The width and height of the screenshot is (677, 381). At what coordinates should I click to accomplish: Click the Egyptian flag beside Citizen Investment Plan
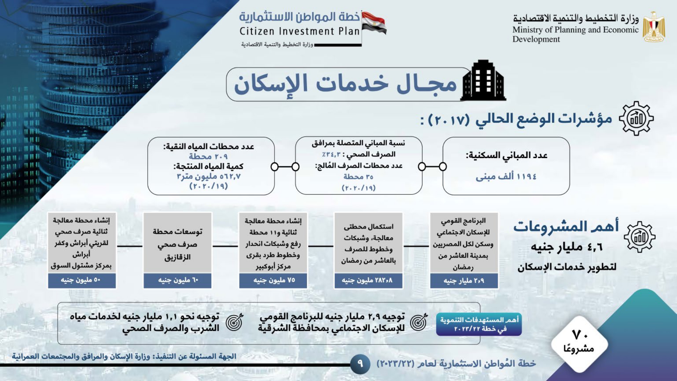pyautogui.click(x=374, y=23)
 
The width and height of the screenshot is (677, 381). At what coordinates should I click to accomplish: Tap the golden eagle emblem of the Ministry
pyautogui.click(x=654, y=27)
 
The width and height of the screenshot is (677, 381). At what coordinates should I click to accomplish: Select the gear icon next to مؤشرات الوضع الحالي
pyautogui.click(x=636, y=119)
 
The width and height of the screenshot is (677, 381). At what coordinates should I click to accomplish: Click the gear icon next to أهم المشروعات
pyautogui.click(x=639, y=237)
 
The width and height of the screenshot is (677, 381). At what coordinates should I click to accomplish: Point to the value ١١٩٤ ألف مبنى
pyautogui.click(x=506, y=176)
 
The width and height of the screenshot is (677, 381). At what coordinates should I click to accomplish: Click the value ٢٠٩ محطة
pyautogui.click(x=208, y=156)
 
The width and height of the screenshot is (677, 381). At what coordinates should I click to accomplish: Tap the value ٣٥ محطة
pyautogui.click(x=358, y=177)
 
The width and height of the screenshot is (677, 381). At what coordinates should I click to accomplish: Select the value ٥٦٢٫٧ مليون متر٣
pyautogui.click(x=209, y=176)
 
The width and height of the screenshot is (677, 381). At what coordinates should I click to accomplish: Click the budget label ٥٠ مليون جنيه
pyautogui.click(x=81, y=280)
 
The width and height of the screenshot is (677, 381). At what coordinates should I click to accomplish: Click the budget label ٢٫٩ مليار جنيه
pyautogui.click(x=464, y=281)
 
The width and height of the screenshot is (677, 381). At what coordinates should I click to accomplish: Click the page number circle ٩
pyautogui.click(x=359, y=364)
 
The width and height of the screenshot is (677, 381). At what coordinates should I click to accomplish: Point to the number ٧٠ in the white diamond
pyautogui.click(x=580, y=335)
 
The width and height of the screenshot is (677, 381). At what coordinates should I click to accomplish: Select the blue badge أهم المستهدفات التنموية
pyautogui.click(x=479, y=324)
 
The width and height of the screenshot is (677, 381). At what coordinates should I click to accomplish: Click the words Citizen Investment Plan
pyautogui.click(x=300, y=31)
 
